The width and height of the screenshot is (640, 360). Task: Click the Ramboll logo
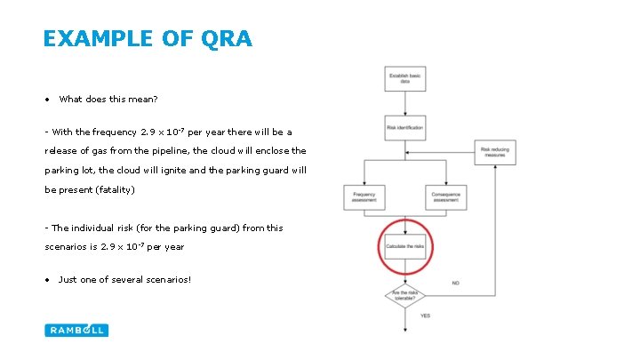coord(76,330)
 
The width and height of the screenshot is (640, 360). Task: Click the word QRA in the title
coord(228,39)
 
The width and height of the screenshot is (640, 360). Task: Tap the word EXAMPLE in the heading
coord(97,39)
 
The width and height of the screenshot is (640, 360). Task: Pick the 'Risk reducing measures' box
coord(495,153)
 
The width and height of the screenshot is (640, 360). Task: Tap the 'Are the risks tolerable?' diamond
coord(404,294)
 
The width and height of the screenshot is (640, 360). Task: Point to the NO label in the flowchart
coord(456,283)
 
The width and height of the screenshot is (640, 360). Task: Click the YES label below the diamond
coord(426,316)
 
